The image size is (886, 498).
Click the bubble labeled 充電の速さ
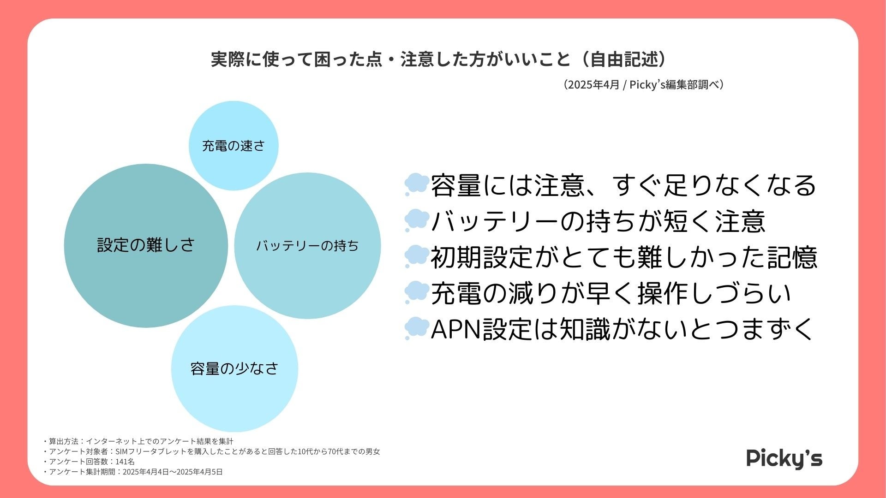pyautogui.click(x=233, y=146)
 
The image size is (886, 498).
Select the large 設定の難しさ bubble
pyautogui.click(x=146, y=245)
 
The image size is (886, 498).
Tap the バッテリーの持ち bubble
pyautogui.click(x=307, y=245)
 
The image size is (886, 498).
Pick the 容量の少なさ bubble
pyautogui.click(x=234, y=368)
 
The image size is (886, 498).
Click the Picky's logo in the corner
pyautogui.click(x=784, y=458)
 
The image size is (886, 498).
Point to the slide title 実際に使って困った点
pyautogui.click(x=295, y=59)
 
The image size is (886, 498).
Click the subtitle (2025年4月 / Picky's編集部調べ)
pyautogui.click(x=643, y=85)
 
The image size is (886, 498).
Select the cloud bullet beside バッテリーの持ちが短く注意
pyautogui.click(x=416, y=220)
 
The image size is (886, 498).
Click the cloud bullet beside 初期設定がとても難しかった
pyautogui.click(x=416, y=256)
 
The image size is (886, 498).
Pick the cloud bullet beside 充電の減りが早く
pyautogui.click(x=416, y=292)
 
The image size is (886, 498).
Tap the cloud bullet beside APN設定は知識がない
pyautogui.click(x=416, y=328)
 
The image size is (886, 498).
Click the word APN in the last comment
pyautogui.click(x=456, y=329)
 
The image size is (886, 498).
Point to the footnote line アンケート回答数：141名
pyautogui.click(x=90, y=462)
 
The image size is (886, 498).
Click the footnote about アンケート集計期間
pyautogui.click(x=134, y=472)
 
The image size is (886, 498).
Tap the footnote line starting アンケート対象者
pyautogui.click(x=212, y=451)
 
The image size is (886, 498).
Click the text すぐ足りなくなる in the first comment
pyautogui.click(x=714, y=185)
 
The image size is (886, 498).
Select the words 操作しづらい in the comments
pyautogui.click(x=714, y=293)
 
